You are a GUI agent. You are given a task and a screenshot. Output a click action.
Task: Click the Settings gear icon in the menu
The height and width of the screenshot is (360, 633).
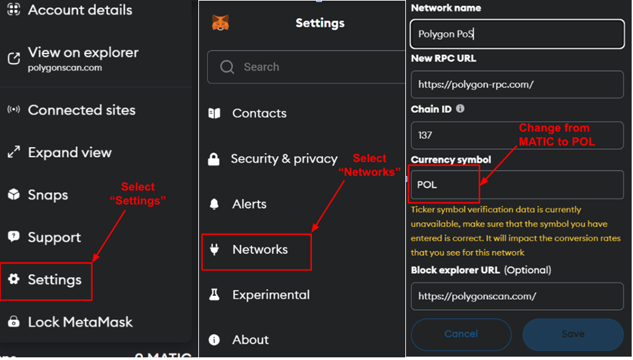point(14,279)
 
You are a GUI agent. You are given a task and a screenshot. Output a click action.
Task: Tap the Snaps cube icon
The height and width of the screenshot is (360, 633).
point(14,194)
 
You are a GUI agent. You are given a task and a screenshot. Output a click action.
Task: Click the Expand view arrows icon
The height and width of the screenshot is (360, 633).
point(14,152)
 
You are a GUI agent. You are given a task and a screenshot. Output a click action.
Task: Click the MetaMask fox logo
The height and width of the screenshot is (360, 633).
point(220,23)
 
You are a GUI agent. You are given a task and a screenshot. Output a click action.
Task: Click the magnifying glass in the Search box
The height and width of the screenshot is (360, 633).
point(227,67)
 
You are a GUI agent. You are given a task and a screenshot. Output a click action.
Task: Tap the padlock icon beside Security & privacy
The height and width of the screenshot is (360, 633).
point(214,159)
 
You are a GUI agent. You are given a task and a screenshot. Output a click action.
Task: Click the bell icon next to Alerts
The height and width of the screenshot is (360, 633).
point(214,204)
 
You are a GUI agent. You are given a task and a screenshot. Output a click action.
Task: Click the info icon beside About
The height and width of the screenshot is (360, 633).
point(214,340)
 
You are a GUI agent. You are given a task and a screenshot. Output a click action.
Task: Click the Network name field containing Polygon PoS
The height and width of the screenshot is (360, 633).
point(517,34)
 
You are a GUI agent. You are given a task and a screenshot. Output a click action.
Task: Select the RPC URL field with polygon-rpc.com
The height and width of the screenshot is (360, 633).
point(517,84)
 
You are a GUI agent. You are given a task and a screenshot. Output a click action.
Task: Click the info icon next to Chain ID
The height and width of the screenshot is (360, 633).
point(460,109)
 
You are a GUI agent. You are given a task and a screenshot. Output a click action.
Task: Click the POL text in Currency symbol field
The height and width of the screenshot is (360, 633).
point(427,185)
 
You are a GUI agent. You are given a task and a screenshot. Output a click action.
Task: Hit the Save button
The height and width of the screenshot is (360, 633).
point(574,334)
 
